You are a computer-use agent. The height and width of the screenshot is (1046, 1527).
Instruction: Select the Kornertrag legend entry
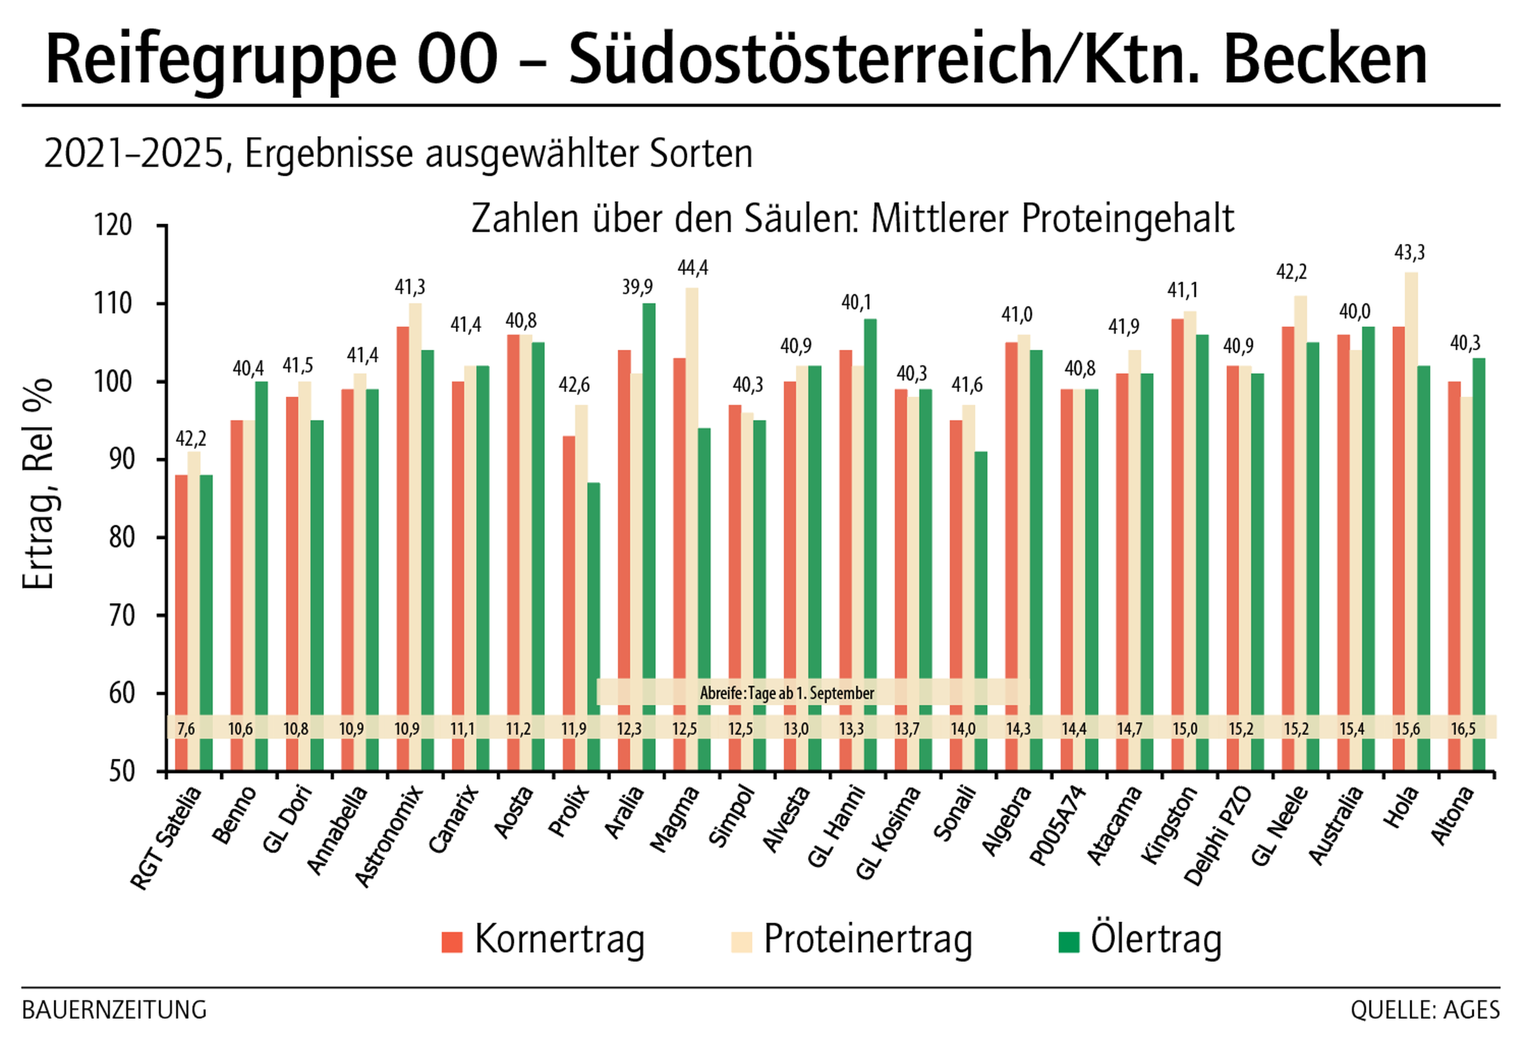[x=544, y=940]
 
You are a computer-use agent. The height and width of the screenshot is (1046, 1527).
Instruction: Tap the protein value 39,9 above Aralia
[x=637, y=287]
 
